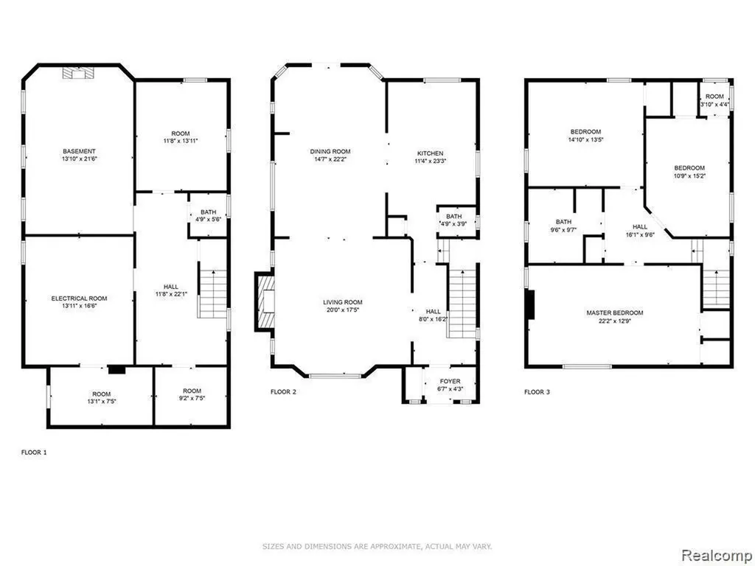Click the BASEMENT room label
80,151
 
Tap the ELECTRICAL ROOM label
80,298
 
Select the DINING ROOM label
330,152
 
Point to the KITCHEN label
430,153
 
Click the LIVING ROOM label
343,302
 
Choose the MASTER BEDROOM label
615,312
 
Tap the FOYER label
450,381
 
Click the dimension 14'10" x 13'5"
585,139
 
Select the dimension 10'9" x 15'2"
689,175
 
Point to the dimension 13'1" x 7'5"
102,401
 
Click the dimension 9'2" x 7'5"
192,398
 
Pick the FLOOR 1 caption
34,453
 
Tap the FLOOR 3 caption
537,392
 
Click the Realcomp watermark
716,555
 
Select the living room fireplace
265,302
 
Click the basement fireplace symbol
78,73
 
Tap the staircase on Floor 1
212,293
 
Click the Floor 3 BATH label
563,222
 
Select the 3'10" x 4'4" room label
714,100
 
